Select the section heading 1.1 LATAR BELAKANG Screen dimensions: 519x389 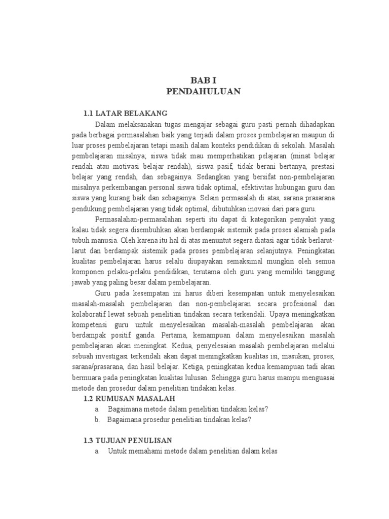tap(125, 113)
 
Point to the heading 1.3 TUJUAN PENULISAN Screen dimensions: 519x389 tap(131, 440)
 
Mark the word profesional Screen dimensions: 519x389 tap(286, 304)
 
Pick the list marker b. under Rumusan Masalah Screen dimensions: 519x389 tap(97, 420)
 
